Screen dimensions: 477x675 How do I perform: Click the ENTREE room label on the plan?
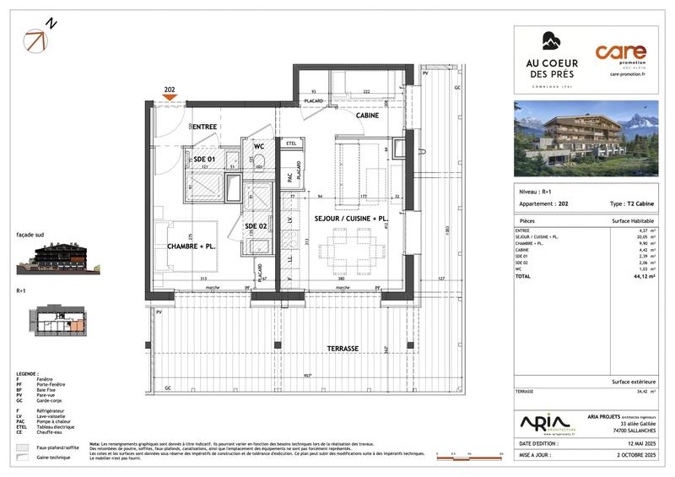click(203, 127)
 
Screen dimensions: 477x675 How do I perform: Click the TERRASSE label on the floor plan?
click(343, 348)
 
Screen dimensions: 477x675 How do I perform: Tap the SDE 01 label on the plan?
click(205, 159)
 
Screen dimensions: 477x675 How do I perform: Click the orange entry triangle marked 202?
click(170, 96)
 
